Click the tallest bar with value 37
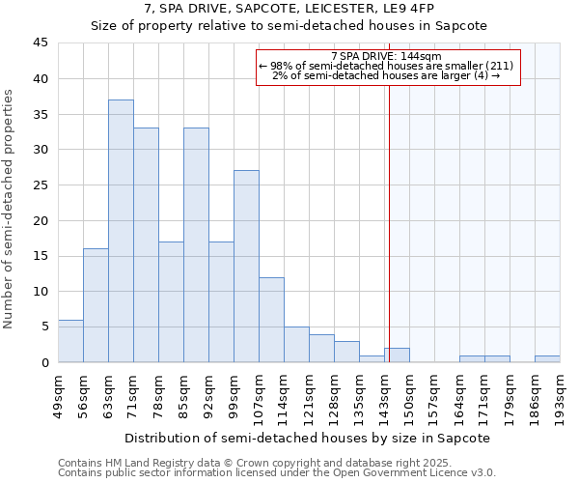click(x=121, y=231)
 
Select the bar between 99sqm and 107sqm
click(x=246, y=267)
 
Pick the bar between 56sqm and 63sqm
click(x=96, y=305)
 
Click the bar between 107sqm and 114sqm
click(x=271, y=320)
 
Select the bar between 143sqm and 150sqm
click(x=397, y=355)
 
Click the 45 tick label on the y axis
click(x=41, y=43)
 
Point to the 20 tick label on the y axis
click(x=41, y=220)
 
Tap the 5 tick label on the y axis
click(x=44, y=327)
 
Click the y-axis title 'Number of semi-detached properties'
click(x=10, y=209)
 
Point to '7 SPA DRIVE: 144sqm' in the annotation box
click(x=386, y=56)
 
